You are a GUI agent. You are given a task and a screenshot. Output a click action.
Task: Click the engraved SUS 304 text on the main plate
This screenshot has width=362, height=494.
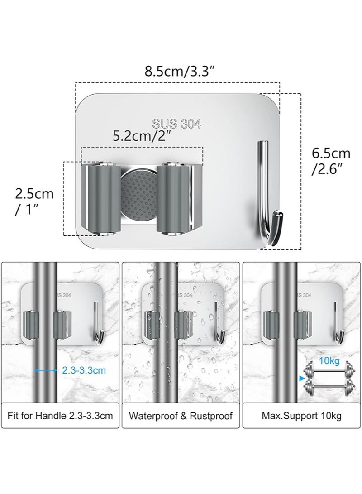click(x=176, y=124)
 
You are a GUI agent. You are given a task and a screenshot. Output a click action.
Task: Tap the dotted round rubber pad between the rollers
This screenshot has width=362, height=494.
click(x=138, y=196)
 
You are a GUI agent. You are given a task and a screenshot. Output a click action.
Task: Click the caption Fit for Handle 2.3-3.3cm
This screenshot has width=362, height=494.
click(x=60, y=415)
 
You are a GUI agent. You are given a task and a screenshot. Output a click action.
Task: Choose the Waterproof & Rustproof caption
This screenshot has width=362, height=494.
click(x=181, y=415)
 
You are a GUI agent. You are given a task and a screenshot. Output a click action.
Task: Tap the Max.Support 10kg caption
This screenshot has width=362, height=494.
click(x=302, y=415)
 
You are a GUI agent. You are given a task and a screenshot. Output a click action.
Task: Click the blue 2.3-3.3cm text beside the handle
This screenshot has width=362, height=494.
click(x=84, y=370)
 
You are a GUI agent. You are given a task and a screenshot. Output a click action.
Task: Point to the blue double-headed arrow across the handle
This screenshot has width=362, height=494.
click(x=46, y=370)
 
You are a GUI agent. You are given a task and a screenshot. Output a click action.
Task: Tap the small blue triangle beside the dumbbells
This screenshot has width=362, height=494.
click(x=301, y=377)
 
